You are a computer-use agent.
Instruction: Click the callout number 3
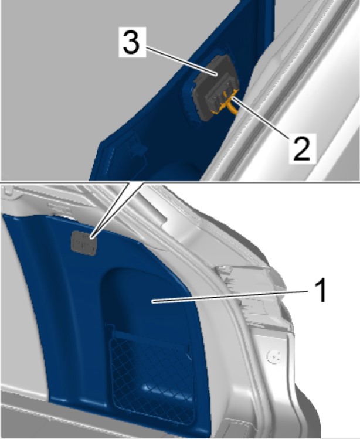click(132, 42)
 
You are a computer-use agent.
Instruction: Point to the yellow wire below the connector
click(232, 107)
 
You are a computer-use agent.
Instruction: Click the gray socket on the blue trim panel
click(83, 243)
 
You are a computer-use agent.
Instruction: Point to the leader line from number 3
click(181, 61)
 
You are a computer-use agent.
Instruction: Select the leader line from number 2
click(260, 116)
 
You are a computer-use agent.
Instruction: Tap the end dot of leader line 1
click(153, 301)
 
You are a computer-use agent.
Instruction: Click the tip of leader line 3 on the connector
click(217, 74)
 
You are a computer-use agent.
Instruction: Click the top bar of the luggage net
click(151, 338)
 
